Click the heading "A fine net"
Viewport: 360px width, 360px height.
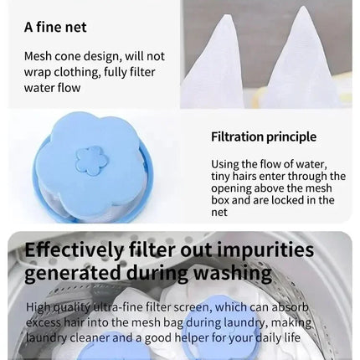[55, 28]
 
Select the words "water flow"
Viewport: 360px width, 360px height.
[52, 88]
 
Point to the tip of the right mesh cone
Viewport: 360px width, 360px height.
[302, 7]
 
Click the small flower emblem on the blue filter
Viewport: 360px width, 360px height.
[91, 161]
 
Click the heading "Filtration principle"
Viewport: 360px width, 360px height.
[264, 136]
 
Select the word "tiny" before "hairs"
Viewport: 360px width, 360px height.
[220, 177]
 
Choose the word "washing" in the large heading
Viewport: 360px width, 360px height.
[233, 273]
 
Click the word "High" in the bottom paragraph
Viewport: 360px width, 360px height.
[39, 307]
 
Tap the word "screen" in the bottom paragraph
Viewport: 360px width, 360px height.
[191, 307]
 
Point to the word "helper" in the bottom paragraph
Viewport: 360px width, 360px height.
[192, 338]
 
